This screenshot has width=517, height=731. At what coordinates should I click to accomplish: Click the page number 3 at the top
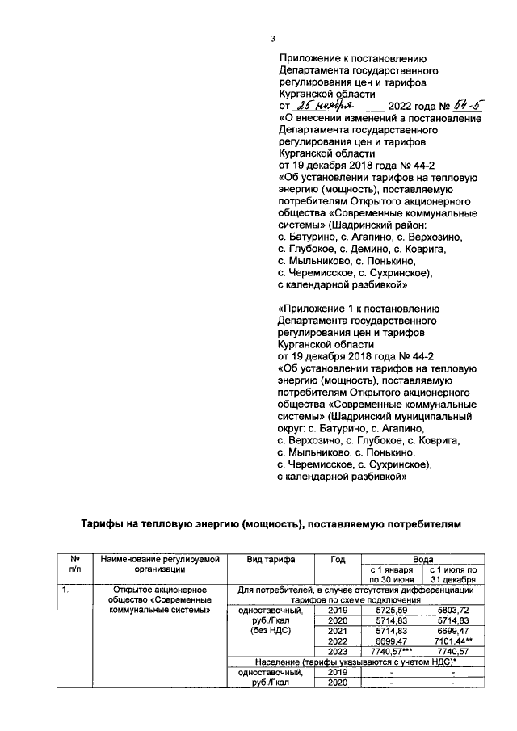pos(274,40)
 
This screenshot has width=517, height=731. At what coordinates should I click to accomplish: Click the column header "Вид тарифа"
pos(271,560)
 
